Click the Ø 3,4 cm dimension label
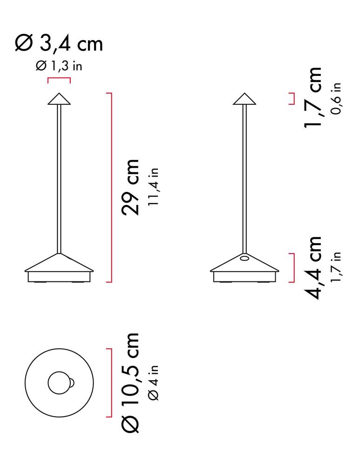[59, 44]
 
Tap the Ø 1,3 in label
[59, 66]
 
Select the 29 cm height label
[130, 187]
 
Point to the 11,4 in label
[154, 187]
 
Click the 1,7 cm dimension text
[312, 97]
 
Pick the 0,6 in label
[336, 99]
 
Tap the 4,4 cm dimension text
[312, 267]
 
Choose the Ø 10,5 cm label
[130, 383]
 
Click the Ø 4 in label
[154, 383]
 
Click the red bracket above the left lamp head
[59, 78]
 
